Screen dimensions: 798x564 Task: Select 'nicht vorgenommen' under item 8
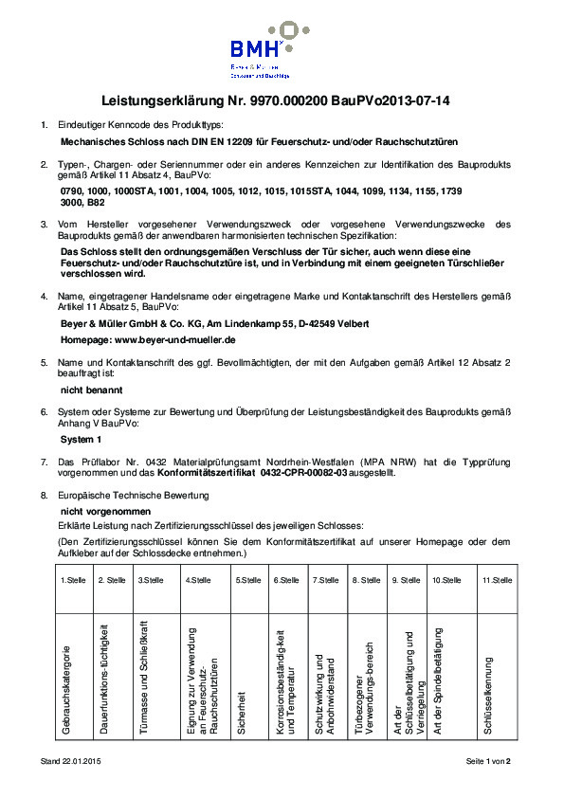coord(100,511)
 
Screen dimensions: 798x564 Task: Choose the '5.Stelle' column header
coord(248,580)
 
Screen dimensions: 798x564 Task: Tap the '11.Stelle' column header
coord(498,580)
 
